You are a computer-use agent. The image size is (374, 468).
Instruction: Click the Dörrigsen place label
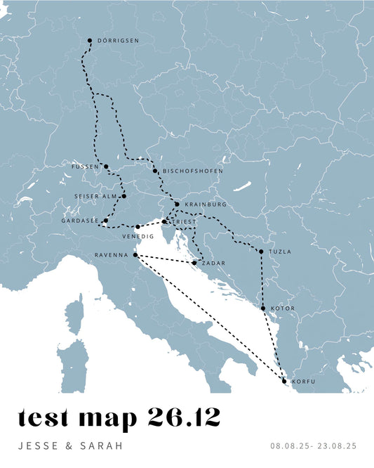click(x=119, y=41)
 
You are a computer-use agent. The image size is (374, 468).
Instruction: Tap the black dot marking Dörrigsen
click(x=90, y=41)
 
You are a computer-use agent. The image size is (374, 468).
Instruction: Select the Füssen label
click(x=86, y=167)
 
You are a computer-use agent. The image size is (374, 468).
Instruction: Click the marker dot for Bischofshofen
click(x=155, y=171)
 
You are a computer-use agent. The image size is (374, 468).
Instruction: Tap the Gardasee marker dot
click(x=105, y=221)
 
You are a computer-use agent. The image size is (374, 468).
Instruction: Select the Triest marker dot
click(x=164, y=221)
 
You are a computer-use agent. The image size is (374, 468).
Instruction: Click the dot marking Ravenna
click(x=135, y=255)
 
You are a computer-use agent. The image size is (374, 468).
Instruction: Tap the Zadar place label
click(x=213, y=263)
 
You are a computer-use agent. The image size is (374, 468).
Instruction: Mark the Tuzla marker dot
click(x=261, y=252)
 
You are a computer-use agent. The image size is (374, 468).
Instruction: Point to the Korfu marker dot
click(x=284, y=381)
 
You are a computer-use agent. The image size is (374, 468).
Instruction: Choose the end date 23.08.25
click(x=338, y=446)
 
